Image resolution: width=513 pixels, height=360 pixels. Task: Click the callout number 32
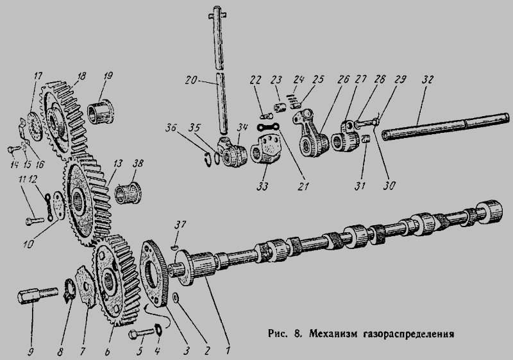pyautogui.click(x=427, y=80)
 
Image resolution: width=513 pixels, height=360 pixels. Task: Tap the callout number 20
pyautogui.click(x=192, y=80)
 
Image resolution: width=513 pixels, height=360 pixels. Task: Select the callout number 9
pyautogui.click(x=31, y=352)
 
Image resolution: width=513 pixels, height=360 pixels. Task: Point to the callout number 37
pyautogui.click(x=180, y=225)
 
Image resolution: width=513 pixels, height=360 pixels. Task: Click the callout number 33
pyautogui.click(x=262, y=187)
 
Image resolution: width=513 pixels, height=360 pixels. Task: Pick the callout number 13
pyautogui.click(x=118, y=163)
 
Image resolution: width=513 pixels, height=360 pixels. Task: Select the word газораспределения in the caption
pyautogui.click(x=408, y=334)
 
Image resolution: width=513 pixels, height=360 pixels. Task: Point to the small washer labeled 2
pyautogui.click(x=176, y=297)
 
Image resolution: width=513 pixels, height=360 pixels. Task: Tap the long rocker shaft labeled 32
pyautogui.click(x=445, y=126)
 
